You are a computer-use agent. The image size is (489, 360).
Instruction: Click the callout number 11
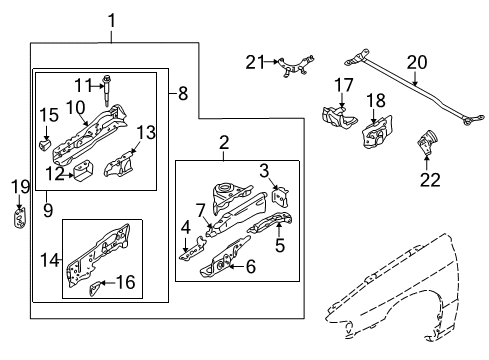[x=83, y=85]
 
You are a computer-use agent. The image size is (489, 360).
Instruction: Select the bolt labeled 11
[x=107, y=91]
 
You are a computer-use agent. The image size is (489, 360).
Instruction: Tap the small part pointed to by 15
[x=45, y=145]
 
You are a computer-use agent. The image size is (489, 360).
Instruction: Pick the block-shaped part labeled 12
[x=83, y=171]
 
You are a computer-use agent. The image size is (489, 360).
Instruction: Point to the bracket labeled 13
[x=118, y=164]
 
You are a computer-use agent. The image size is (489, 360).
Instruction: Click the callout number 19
[x=20, y=187]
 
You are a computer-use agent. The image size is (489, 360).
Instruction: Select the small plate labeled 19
[x=20, y=218]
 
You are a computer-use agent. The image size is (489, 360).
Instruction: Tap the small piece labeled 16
[x=95, y=288]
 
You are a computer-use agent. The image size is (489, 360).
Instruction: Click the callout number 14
[x=49, y=260]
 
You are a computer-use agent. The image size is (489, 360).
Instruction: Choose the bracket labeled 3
[x=280, y=197]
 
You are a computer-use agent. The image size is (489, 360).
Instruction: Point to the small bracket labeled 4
[x=193, y=249]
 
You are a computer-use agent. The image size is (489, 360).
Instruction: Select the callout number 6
[x=251, y=267]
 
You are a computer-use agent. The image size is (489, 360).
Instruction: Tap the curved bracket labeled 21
[x=296, y=66]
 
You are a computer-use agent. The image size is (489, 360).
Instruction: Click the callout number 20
[x=417, y=62]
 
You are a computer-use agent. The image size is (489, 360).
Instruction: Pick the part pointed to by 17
[x=339, y=117]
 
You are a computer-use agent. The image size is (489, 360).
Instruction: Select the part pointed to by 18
[x=377, y=132]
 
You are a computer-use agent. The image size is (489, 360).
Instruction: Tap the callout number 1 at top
[x=112, y=21]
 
